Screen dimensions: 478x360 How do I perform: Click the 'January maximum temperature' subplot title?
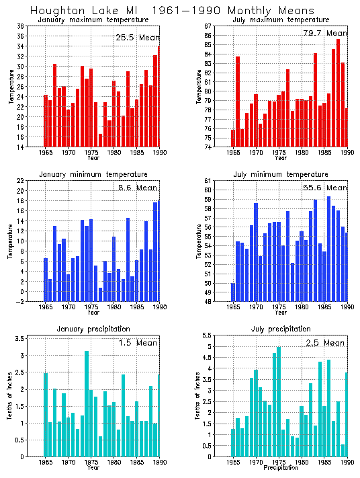(x=93, y=20)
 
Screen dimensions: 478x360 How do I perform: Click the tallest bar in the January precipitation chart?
(x=87, y=403)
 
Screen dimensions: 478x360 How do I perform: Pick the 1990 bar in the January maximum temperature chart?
(x=159, y=96)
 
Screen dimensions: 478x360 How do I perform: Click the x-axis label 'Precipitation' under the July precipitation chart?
(x=280, y=468)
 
